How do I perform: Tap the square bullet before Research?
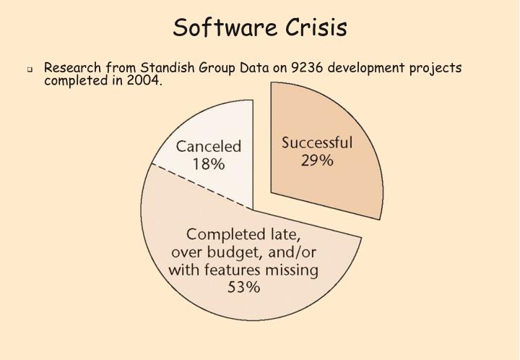[31, 70]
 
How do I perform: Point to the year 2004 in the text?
[145, 80]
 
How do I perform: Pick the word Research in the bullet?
[73, 68]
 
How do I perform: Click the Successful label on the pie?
[316, 142]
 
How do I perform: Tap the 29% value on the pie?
[316, 160]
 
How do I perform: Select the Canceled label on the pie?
[208, 147]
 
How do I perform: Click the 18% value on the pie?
[208, 164]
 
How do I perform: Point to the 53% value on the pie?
[243, 288]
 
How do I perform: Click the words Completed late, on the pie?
[243, 235]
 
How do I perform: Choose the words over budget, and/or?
[243, 252]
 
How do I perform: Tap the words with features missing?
[243, 270]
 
